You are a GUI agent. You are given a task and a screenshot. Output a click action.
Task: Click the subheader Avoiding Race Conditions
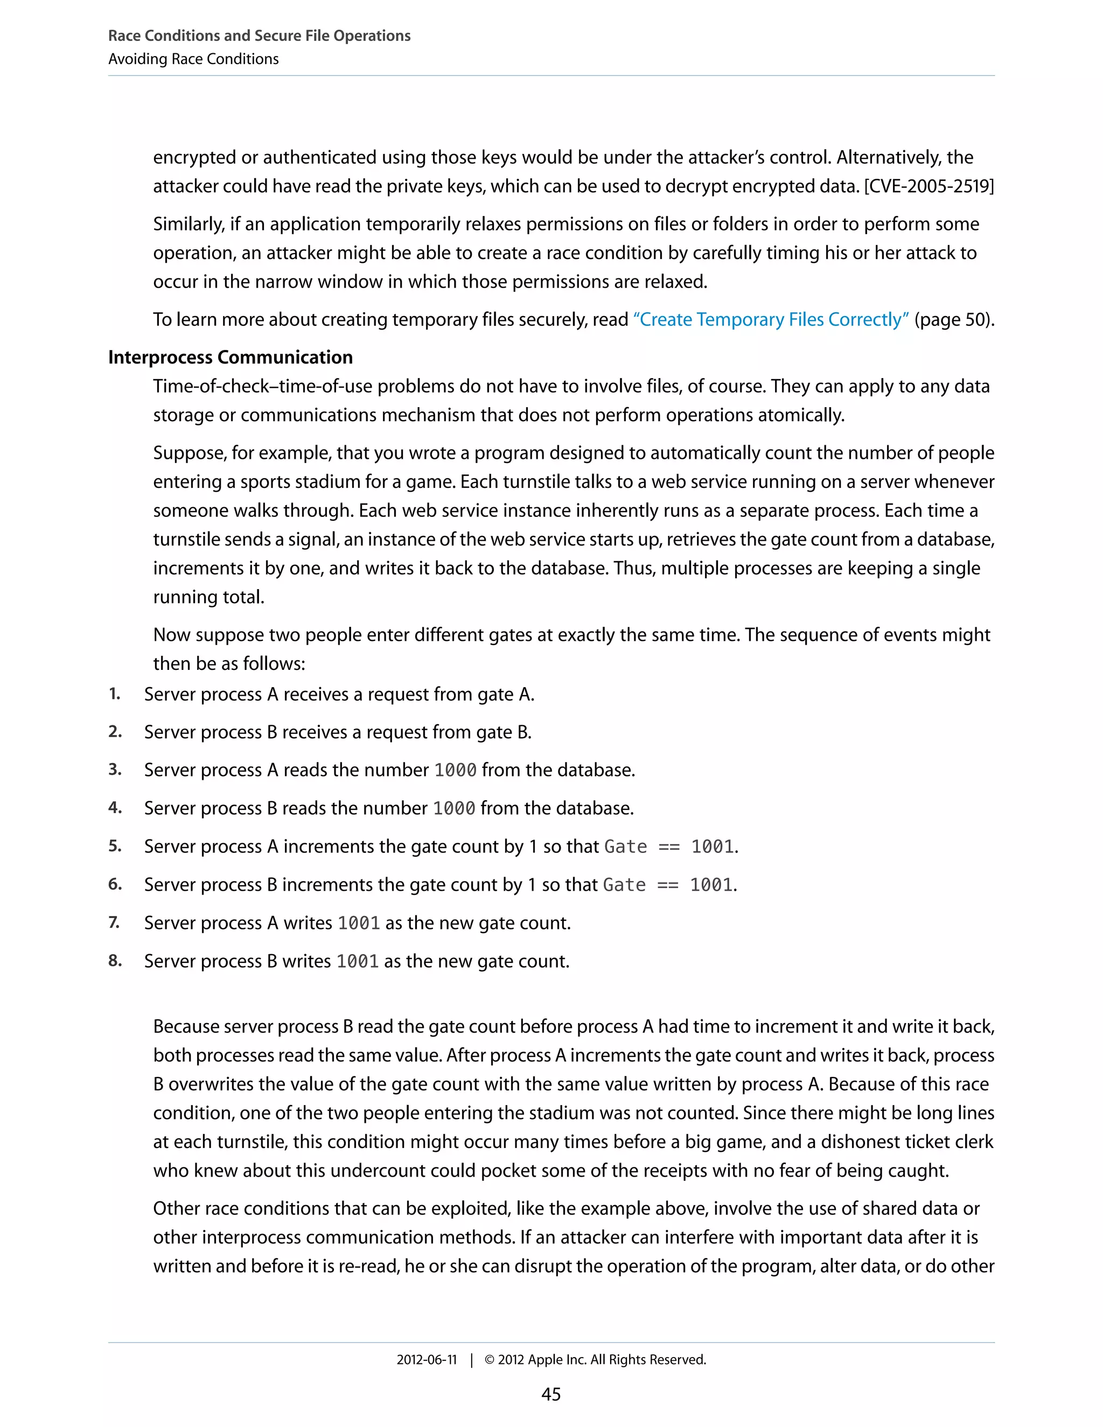tap(193, 59)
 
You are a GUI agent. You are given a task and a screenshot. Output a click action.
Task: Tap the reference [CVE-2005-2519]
tap(929, 186)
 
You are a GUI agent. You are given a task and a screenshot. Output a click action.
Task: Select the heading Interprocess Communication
tap(230, 358)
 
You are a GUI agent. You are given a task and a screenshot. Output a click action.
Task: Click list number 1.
tap(114, 694)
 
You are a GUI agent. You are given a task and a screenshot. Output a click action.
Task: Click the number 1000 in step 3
tap(456, 771)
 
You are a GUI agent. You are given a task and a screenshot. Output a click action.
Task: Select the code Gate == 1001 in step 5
tap(671, 847)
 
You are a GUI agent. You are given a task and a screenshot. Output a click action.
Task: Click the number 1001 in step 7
tap(359, 923)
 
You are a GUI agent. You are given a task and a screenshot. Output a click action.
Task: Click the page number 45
tap(551, 1394)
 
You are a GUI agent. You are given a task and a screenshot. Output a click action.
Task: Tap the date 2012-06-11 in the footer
tap(427, 1360)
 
